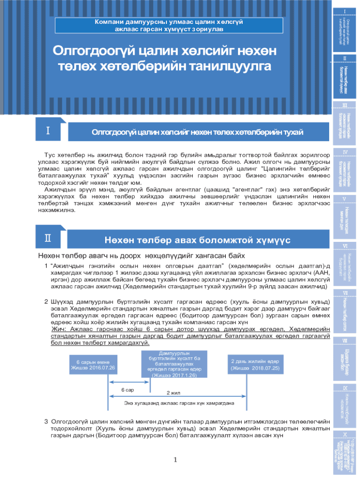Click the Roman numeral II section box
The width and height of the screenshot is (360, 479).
coord(48,238)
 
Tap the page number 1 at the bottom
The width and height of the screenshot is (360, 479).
coord(175,460)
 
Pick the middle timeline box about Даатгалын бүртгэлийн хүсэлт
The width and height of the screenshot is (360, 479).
coord(174,363)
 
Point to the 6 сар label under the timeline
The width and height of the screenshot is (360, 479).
coord(128,389)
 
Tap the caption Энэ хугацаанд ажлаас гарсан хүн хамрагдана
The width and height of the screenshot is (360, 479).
coord(179,402)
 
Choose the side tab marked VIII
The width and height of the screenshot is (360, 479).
coord(345,358)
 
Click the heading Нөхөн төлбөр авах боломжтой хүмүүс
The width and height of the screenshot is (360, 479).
coord(197,240)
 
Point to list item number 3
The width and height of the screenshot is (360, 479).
coord(46,421)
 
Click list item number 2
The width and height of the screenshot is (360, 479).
coord(46,302)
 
